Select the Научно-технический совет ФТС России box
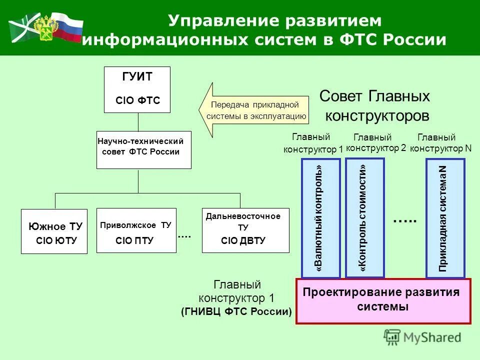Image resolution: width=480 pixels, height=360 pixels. pyautogui.click(x=143, y=149)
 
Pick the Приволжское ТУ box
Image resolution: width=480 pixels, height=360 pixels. pyautogui.click(x=136, y=230)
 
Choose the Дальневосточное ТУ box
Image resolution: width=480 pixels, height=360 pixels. pyautogui.click(x=245, y=230)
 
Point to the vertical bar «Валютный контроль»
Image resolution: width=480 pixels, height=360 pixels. pyautogui.click(x=320, y=217)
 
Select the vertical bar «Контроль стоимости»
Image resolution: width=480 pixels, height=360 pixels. pyautogui.click(x=364, y=217)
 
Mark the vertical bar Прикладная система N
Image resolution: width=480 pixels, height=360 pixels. pyautogui.click(x=445, y=217)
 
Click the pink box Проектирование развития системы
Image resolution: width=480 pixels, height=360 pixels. pyautogui.click(x=383, y=300)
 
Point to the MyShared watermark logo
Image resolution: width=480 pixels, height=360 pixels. pyautogui.click(x=422, y=337)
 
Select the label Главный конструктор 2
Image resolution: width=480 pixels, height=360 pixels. pyautogui.click(x=375, y=142)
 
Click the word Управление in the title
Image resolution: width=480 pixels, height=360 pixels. pyautogui.click(x=217, y=21)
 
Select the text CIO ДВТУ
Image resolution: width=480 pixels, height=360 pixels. pyautogui.click(x=243, y=241)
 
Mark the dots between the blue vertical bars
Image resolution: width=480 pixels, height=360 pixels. pyautogui.click(x=404, y=220)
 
